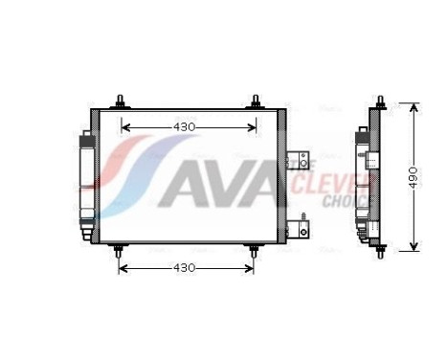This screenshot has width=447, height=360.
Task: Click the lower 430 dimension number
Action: click(x=185, y=267)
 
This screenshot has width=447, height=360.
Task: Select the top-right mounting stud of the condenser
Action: click(x=257, y=101)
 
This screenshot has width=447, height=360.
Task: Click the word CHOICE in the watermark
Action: click(x=340, y=201)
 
